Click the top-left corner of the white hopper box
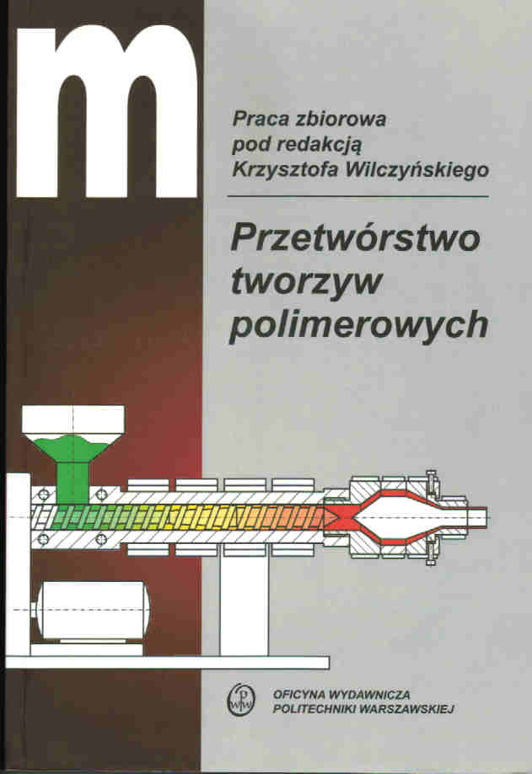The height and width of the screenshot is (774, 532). [22, 406]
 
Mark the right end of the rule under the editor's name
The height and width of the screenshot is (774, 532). [488, 196]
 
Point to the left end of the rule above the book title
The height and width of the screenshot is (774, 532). [228, 196]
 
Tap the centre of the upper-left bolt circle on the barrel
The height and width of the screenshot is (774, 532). [43, 494]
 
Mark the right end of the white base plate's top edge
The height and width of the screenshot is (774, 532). [329, 657]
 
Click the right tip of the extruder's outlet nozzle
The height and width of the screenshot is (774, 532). [486, 517]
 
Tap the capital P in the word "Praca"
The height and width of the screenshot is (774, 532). [239, 119]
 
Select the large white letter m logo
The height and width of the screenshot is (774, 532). [106, 111]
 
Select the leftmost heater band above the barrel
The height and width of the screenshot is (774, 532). [148, 485]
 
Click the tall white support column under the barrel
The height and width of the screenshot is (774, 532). [245, 606]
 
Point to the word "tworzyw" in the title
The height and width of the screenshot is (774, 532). [306, 281]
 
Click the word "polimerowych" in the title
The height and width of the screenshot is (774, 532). [359, 324]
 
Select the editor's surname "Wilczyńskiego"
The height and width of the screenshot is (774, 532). [417, 170]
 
